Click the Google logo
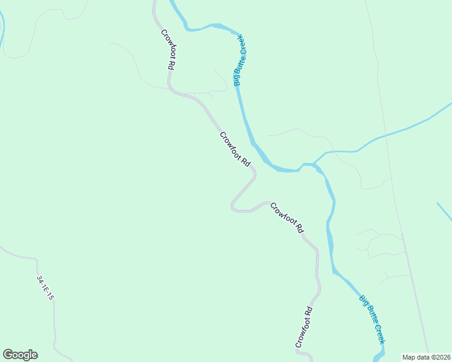tap(20, 355)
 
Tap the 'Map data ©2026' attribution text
tap(426, 357)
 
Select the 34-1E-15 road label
tap(45, 288)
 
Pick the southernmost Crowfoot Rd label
tap(304, 328)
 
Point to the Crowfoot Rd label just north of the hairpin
tap(235, 149)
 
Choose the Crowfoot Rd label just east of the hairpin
tap(286, 218)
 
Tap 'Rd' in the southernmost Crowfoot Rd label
tap(309, 313)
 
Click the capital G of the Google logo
tap(8, 354)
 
